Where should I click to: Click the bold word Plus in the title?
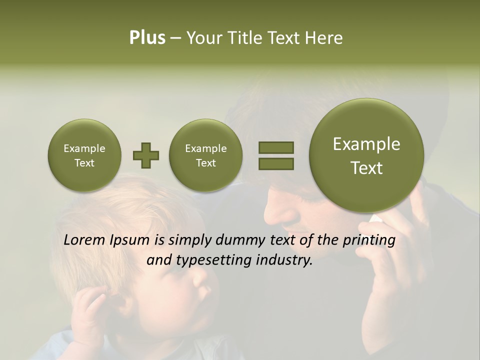click(x=147, y=38)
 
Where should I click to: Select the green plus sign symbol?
click(x=145, y=155)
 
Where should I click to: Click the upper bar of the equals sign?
click(x=275, y=147)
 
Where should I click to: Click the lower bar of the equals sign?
click(x=275, y=163)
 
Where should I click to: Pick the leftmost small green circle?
click(x=84, y=155)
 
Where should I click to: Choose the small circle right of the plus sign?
click(x=205, y=155)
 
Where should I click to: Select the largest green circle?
click(x=366, y=155)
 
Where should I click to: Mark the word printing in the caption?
click(x=368, y=240)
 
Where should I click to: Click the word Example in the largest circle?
click(x=366, y=144)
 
